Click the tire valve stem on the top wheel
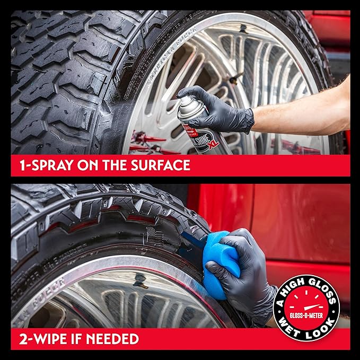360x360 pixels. tap(235, 78)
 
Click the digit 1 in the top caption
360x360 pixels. tap(15, 165)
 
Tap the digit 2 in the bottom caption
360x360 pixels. tap(16, 339)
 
